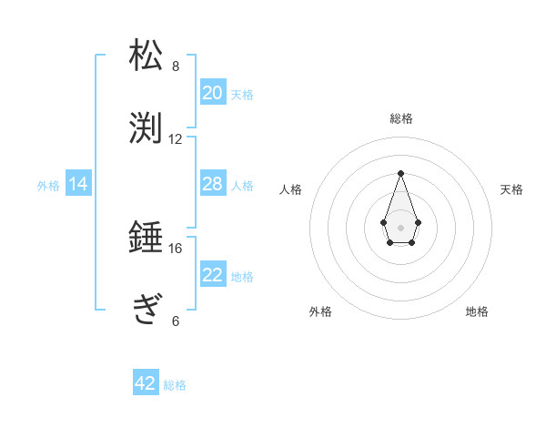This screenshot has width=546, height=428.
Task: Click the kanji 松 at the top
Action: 147,56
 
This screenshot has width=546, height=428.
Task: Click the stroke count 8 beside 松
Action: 176,66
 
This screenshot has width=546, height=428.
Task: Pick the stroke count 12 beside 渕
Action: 176,139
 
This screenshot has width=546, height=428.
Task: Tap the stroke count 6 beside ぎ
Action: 176,321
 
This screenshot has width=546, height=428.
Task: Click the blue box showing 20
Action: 213,93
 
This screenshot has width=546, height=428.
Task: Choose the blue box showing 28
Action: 213,184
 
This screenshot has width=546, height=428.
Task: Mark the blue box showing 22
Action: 213,275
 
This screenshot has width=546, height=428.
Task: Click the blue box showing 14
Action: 78,184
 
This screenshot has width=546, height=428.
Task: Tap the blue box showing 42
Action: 146,383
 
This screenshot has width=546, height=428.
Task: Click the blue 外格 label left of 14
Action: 48,186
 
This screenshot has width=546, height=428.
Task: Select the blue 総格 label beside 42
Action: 175,385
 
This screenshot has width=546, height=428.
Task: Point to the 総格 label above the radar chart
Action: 400,118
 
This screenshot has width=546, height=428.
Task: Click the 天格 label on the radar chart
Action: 512,189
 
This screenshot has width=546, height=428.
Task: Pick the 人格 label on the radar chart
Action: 290,189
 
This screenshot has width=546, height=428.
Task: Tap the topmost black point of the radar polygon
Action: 400,173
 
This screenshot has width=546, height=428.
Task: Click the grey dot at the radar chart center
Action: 400,227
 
